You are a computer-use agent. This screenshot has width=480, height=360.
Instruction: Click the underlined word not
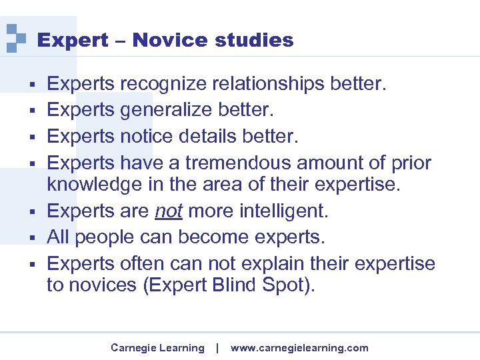169,211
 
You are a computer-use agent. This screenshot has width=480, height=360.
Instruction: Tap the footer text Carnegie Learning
157,348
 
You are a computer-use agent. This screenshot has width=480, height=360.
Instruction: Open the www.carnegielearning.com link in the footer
299,348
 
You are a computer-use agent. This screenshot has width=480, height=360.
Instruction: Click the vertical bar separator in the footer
217,347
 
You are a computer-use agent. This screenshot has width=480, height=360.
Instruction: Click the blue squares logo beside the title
15,38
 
